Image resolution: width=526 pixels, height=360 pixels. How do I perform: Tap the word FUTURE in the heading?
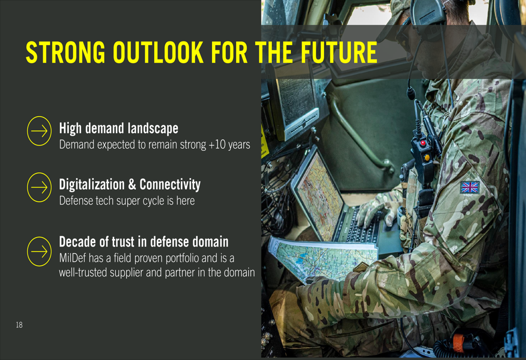[x=339, y=52]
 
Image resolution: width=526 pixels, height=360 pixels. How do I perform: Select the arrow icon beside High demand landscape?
[x=39, y=131]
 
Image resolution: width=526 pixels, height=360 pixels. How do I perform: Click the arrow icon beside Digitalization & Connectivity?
[x=39, y=188]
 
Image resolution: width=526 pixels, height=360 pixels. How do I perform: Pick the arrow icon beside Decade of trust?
[x=39, y=251]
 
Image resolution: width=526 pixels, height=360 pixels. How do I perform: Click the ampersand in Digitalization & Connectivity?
[x=132, y=184]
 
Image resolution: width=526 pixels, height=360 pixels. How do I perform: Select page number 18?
[x=19, y=324]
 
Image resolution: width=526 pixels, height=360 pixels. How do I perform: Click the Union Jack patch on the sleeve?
[x=470, y=188]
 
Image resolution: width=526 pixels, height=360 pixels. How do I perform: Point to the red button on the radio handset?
[x=423, y=143]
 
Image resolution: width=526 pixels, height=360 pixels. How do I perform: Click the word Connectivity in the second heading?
[x=170, y=184]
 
